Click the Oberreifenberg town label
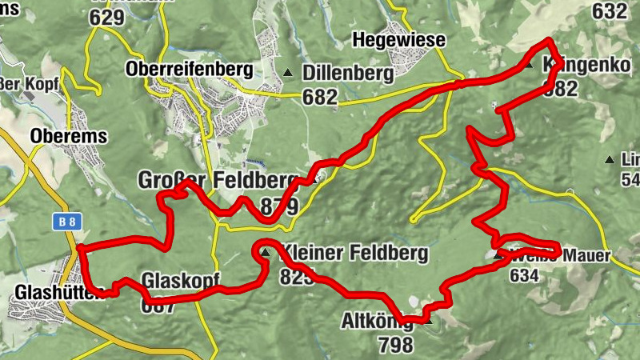point(189,70)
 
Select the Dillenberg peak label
point(348,74)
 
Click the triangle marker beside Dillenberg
point(289,73)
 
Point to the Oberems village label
point(68,137)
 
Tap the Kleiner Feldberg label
point(356,254)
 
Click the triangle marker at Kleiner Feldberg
point(265,254)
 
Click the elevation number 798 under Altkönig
point(397,346)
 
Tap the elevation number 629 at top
point(108,17)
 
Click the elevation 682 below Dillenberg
point(320,97)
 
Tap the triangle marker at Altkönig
point(428,322)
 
